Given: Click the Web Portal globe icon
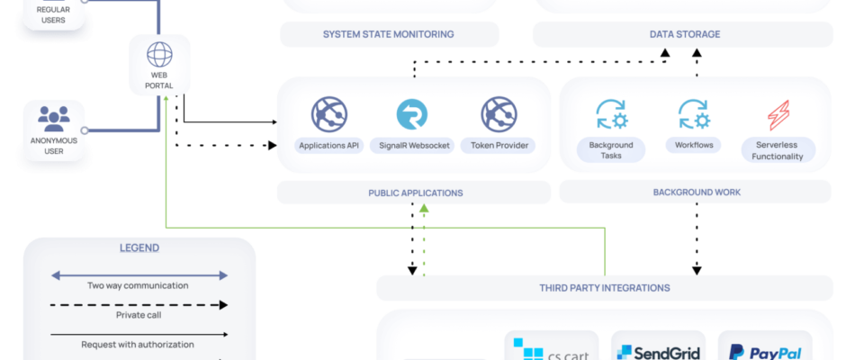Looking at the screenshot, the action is tap(159, 55).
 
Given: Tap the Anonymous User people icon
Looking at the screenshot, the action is tap(54, 119).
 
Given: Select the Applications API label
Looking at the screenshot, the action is tap(329, 146).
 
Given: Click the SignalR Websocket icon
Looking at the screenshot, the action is tap(411, 114).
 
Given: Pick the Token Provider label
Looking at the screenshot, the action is tap(498, 146).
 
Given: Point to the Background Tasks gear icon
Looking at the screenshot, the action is tap(611, 114).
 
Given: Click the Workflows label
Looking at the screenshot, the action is tap(694, 145).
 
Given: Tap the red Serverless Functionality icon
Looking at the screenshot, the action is tap(778, 115).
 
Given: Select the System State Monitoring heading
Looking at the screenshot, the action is tap(389, 34).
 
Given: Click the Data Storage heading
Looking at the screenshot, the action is tap(685, 34).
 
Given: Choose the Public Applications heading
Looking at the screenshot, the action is tap(416, 193).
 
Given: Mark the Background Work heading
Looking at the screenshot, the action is tap(697, 192).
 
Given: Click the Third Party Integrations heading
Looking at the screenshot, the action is tap(605, 288).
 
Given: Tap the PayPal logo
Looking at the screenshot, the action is tap(765, 353).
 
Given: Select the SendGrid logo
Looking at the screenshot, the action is tap(658, 353).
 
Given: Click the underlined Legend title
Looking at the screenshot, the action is tap(139, 248).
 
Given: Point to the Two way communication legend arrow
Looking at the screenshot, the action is tap(139, 275).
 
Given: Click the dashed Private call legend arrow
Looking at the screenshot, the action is tap(139, 305).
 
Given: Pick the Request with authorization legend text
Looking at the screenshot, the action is tap(138, 345).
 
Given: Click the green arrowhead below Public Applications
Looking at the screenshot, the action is tap(424, 208).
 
